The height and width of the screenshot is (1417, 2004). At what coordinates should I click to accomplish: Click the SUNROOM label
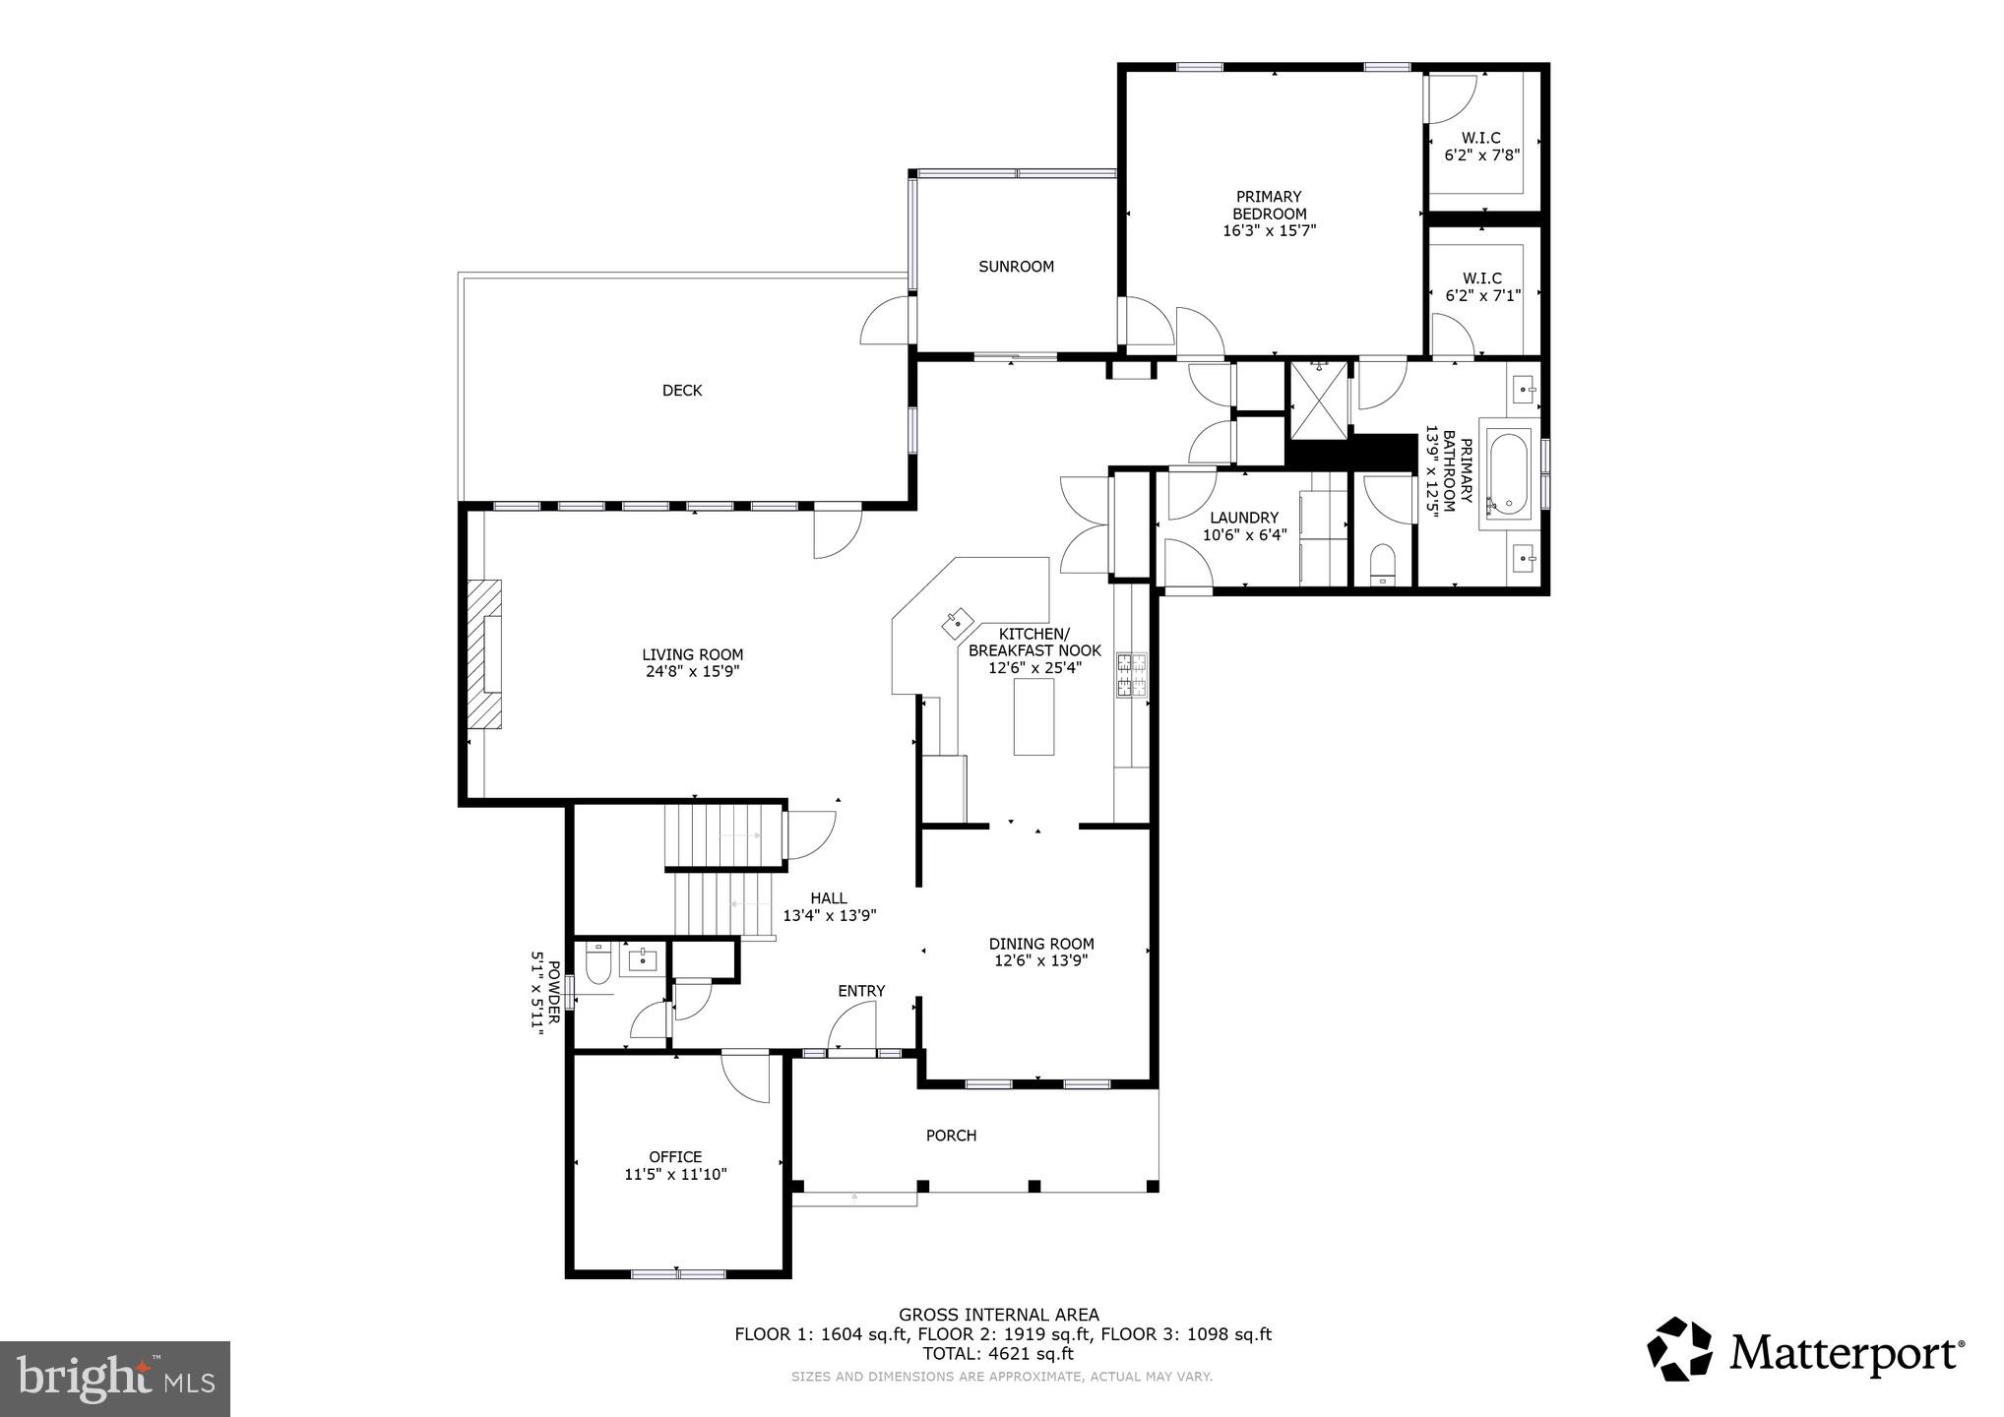coord(1016,267)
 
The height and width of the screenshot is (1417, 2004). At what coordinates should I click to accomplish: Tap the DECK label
coord(682,391)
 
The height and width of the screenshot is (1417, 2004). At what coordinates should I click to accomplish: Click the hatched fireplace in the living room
coord(484,654)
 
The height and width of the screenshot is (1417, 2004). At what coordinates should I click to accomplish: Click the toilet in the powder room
coord(598,963)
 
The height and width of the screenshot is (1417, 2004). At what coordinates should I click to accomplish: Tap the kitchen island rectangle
coord(1033,716)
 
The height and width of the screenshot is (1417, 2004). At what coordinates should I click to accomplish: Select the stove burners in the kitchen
coord(1131,676)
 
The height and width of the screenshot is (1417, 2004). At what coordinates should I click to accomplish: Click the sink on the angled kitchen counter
coord(957,622)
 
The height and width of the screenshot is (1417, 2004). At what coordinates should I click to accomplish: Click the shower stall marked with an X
coord(1319,399)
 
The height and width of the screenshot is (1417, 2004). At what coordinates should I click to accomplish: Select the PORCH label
coord(951,1136)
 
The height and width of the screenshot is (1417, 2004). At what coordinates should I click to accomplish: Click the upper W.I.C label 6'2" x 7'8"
coord(1481,147)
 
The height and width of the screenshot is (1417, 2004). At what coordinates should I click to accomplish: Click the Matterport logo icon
coord(1680,1349)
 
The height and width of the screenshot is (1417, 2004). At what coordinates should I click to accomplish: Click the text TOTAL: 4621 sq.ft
coord(998,1353)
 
